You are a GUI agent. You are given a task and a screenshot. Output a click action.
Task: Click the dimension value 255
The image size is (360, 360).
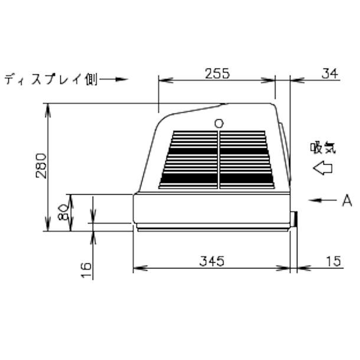pyautogui.click(x=217, y=73)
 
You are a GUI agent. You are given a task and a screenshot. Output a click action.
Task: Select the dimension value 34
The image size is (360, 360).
pyautogui.click(x=330, y=74)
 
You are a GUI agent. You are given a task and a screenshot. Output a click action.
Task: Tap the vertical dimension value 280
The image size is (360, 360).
pyautogui.click(x=41, y=166)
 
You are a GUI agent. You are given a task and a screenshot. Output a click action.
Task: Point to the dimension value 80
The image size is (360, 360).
pyautogui.click(x=63, y=213)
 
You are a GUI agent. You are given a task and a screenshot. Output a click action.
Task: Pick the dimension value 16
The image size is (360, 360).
pyautogui.click(x=86, y=270)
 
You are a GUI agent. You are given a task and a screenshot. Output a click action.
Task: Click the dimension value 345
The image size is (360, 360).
pyautogui.click(x=211, y=261)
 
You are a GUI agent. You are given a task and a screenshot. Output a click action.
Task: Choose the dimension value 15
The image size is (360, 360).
pyautogui.click(x=333, y=261)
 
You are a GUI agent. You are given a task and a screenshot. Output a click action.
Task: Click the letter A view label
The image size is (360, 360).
pyautogui.click(x=347, y=200)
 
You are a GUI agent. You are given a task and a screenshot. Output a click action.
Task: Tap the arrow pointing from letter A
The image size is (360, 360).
pyautogui.click(x=322, y=200)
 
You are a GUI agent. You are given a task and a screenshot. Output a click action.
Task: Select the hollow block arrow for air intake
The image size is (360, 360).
pyautogui.click(x=323, y=168)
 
